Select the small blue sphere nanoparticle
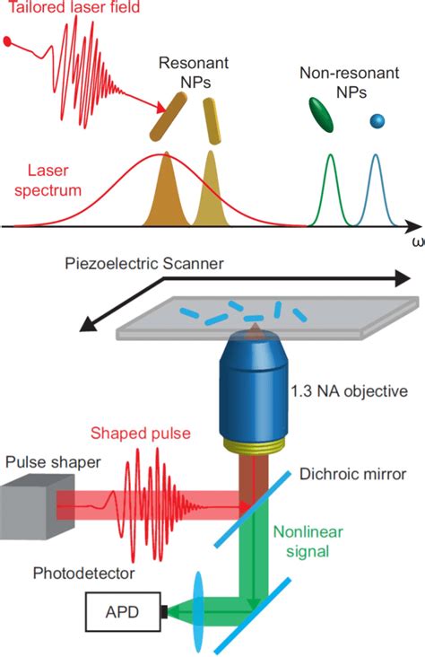pos(377,120)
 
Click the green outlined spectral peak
pos(329,188)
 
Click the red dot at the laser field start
pos(9,41)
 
